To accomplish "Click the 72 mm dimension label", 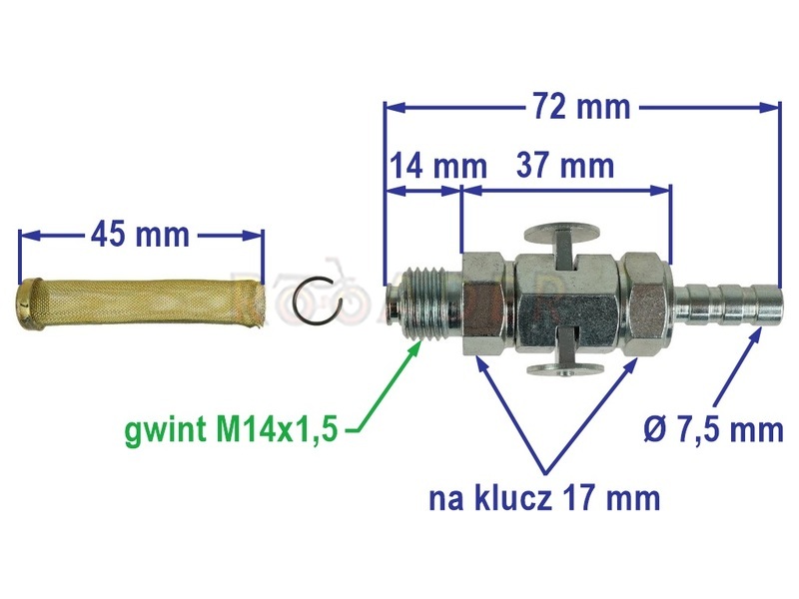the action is (582, 107).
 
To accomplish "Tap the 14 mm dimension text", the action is (438, 166).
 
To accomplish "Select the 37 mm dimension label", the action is (565, 165).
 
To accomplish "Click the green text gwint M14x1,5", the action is (231, 429).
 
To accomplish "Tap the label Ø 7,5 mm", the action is (713, 429).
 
